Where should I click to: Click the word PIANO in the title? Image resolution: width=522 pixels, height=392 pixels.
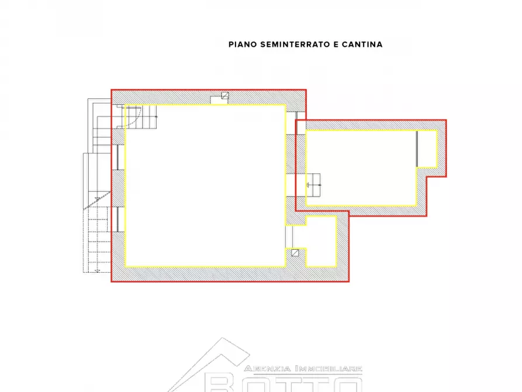241,44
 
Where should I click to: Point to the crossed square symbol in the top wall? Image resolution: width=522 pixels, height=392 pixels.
224,97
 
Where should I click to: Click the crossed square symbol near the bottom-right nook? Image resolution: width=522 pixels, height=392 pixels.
295,253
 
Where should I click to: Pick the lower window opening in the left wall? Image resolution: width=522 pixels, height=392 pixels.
118,219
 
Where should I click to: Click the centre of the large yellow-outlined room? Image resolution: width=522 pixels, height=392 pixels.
205,185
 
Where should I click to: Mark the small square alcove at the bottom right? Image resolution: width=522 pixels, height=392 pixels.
320,240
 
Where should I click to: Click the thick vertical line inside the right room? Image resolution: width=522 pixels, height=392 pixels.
417,149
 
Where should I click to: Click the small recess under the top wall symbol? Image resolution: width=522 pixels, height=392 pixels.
219,102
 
